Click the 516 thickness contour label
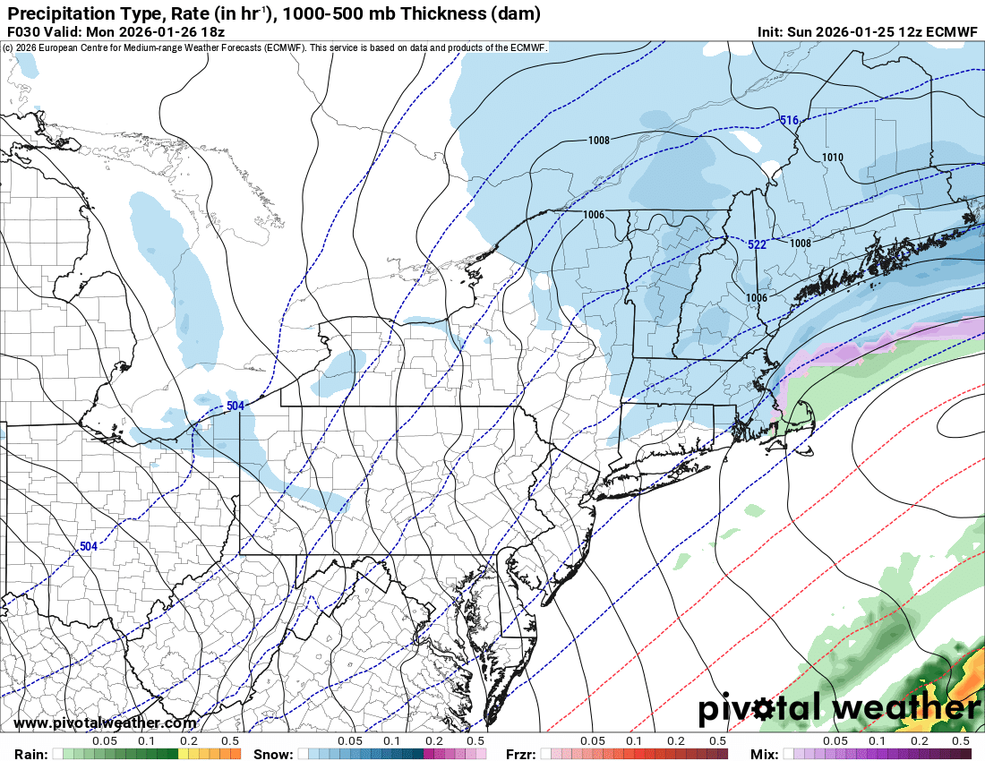click(788, 121)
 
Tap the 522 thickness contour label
click(757, 244)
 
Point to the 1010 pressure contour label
click(833, 158)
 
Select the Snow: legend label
click(272, 754)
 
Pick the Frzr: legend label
click(520, 754)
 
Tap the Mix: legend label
click(764, 754)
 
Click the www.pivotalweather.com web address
click(106, 723)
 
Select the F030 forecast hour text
click(23, 31)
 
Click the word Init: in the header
click(770, 31)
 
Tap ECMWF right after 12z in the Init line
click(952, 31)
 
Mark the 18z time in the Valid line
click(208, 31)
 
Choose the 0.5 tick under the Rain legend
click(230, 741)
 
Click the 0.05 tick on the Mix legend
click(835, 741)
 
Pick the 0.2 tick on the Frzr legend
click(676, 741)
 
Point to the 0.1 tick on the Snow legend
click(391, 741)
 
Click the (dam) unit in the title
click(515, 13)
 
